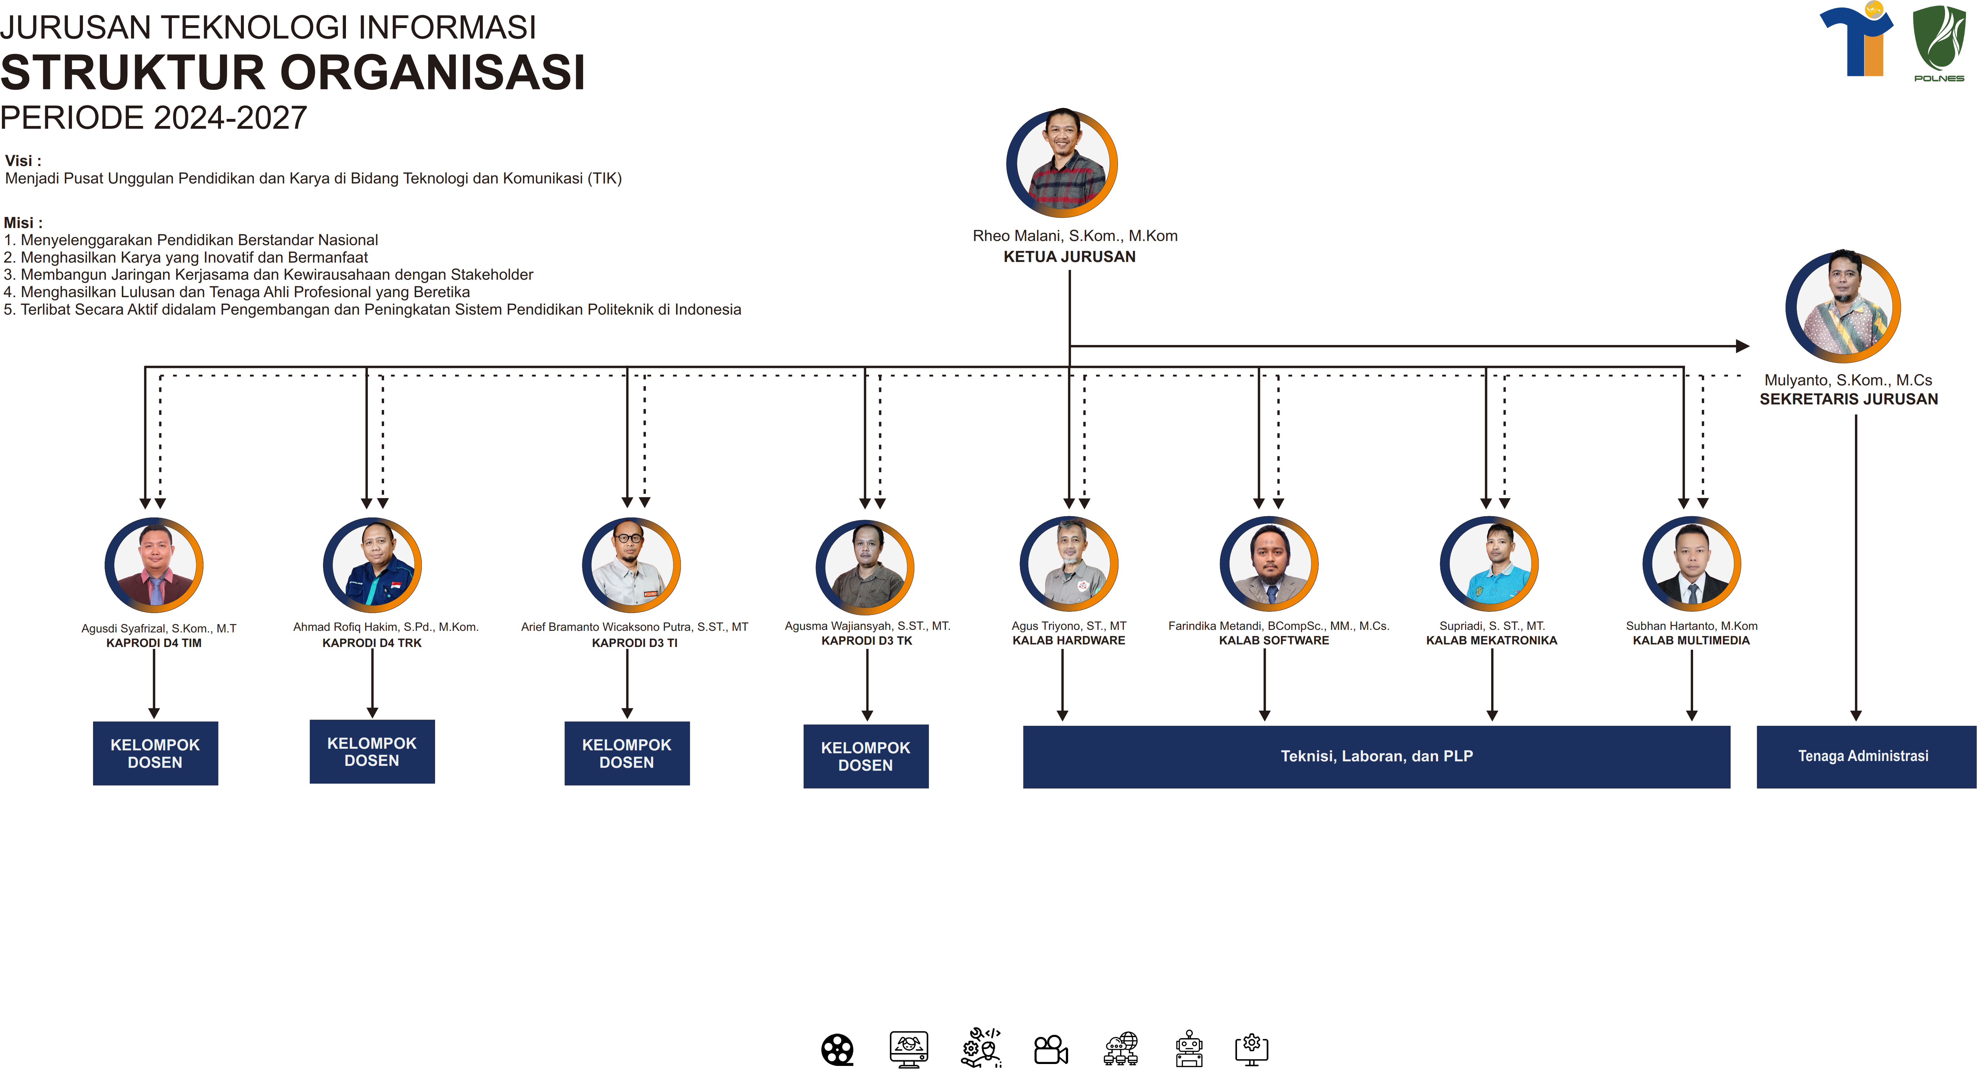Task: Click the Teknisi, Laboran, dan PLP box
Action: pos(1376,756)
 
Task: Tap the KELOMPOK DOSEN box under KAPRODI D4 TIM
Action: pos(155,753)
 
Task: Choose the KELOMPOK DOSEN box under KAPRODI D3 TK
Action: pos(866,756)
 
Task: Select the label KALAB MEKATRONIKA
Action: pos(1491,640)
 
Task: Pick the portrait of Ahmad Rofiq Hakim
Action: pos(372,566)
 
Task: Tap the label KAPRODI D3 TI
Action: pos(634,642)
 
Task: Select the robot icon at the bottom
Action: pos(1189,1049)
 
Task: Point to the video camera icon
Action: pos(1051,1049)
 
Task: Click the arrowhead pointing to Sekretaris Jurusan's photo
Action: pos(1742,346)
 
